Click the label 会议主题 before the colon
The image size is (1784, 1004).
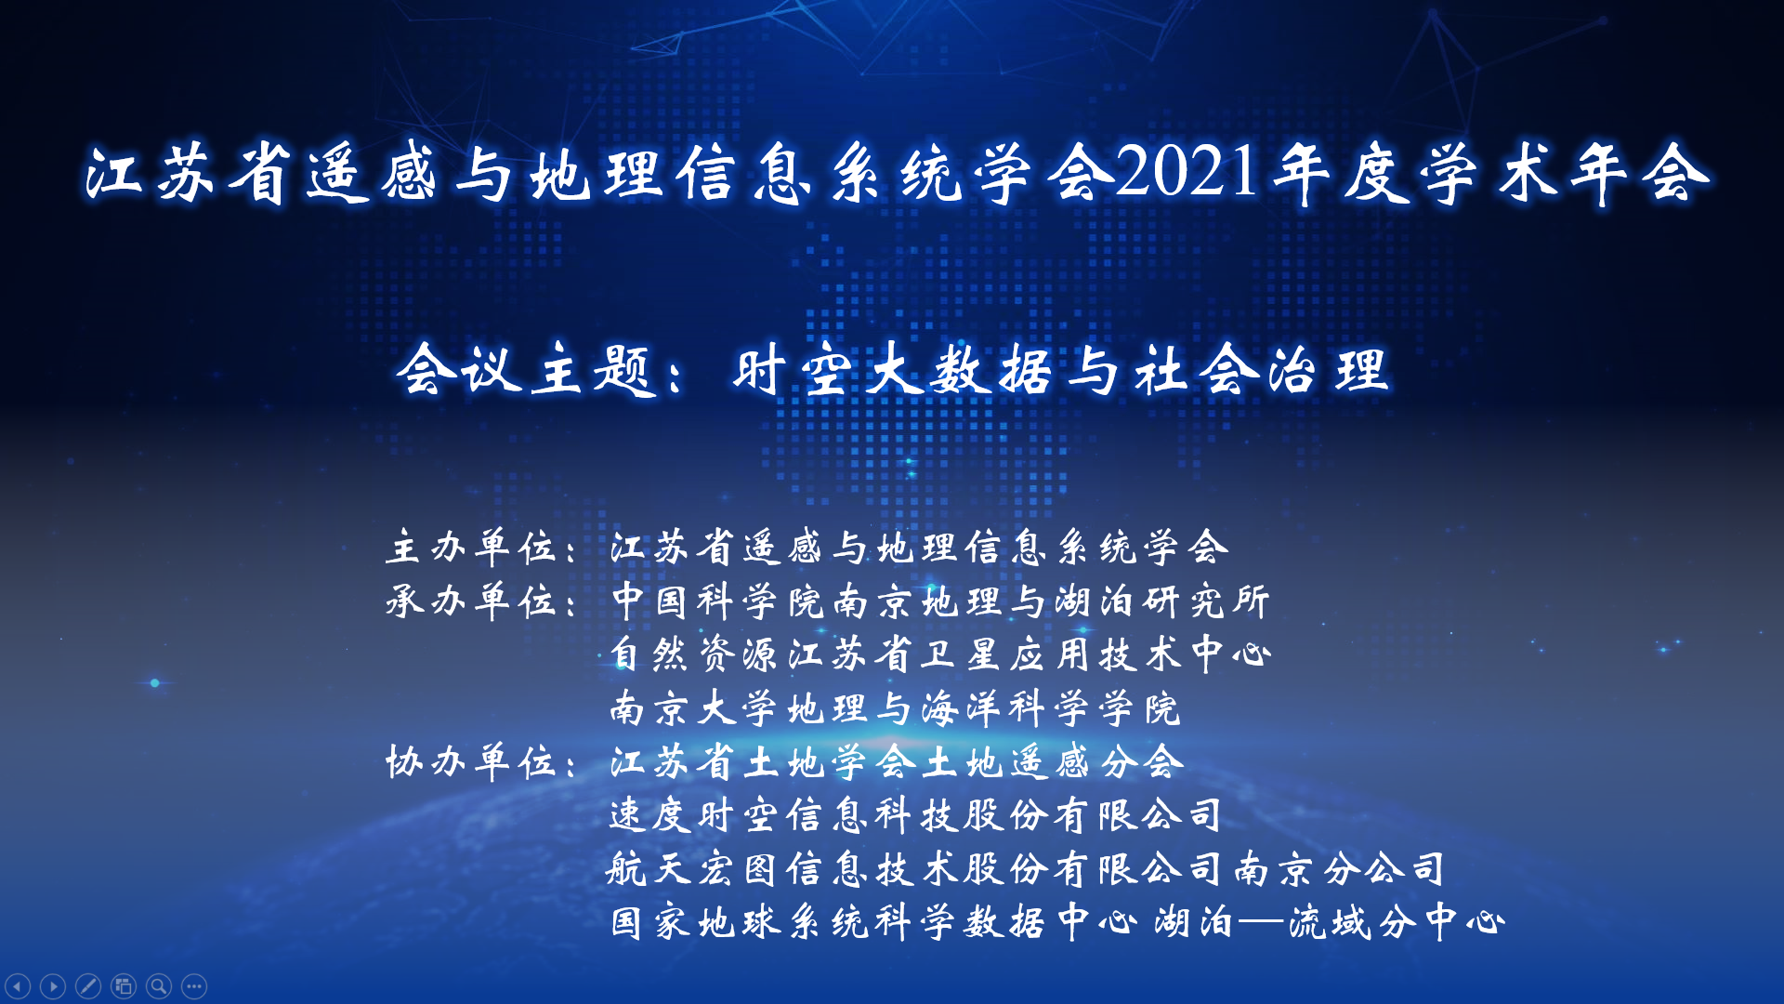pos(527,369)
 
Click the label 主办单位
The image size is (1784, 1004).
pos(471,547)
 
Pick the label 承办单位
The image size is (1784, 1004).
pos(471,601)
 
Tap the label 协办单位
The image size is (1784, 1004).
pos(471,761)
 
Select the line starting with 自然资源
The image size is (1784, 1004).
pos(940,654)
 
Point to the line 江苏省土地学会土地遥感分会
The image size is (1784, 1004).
pos(898,761)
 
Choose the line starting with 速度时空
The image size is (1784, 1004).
pos(916,815)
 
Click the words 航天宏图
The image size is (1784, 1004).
pos(694,869)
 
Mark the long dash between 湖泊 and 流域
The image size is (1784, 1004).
pos(1261,922)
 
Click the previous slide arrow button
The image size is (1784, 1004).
pos(18,985)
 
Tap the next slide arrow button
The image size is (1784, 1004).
pos(53,985)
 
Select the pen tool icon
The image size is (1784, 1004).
pos(88,985)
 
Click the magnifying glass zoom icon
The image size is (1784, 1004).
pos(159,985)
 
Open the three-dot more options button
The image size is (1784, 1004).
pos(194,985)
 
